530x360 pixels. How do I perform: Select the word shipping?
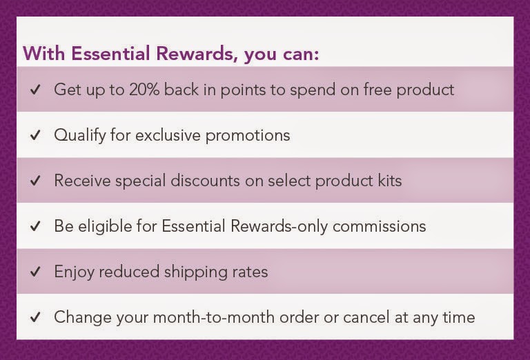(x=193, y=272)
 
